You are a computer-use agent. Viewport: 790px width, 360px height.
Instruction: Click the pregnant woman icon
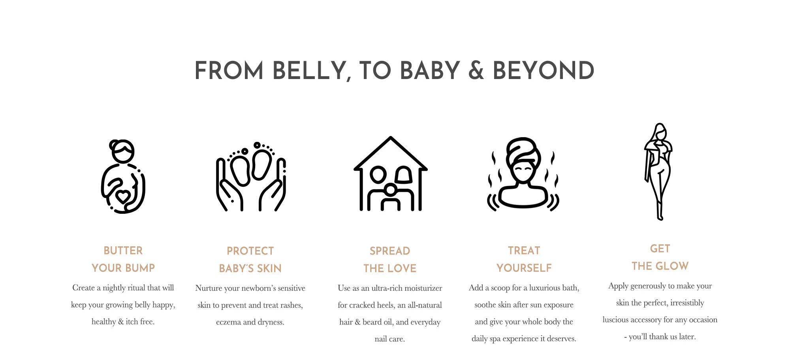pos(123,176)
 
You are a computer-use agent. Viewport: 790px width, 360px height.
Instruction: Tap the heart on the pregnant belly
pos(123,196)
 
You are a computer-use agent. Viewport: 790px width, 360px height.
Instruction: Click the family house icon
pos(390,174)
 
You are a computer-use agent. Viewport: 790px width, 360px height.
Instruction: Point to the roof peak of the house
pos(390,137)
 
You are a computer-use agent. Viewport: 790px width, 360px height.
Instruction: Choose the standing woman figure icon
pos(658,172)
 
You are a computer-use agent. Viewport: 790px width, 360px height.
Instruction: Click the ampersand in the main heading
pos(476,71)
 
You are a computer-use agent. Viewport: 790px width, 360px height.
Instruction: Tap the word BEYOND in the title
pos(544,71)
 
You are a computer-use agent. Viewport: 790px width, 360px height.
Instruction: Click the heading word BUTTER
pos(123,251)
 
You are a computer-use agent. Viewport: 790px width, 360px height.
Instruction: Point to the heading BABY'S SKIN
pos(250,268)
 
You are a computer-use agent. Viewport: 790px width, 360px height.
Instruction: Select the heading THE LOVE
pos(390,268)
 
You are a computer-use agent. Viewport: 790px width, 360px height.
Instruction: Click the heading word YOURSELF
pos(524,268)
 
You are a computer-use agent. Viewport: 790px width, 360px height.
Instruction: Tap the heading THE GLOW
pos(660,266)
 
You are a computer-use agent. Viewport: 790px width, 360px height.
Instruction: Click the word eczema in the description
pos(228,322)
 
